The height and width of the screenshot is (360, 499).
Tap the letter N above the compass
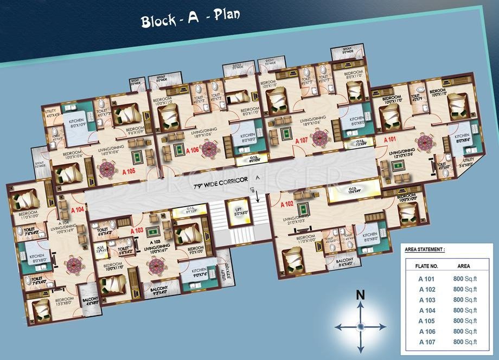point(360,295)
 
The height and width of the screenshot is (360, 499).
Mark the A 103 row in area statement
point(449,299)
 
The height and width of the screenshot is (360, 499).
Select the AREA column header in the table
point(464,266)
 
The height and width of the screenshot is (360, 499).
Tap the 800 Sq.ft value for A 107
point(465,342)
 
